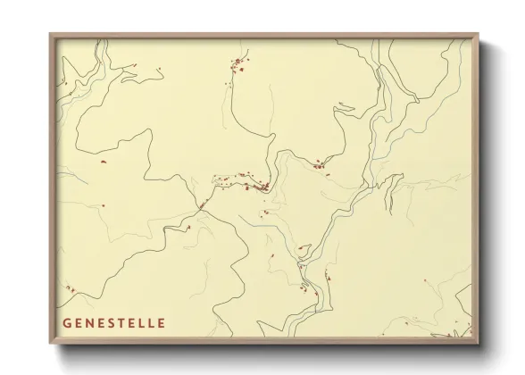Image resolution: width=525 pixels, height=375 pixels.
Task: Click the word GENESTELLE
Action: [113, 322]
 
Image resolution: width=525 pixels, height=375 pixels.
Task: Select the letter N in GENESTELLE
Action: [89, 322]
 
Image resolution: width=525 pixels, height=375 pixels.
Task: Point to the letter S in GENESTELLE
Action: [112, 322]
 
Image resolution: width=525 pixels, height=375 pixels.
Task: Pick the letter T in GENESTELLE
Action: [122, 322]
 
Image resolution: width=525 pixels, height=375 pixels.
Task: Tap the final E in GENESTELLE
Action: [161, 322]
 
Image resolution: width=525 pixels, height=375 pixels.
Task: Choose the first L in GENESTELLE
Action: [143, 322]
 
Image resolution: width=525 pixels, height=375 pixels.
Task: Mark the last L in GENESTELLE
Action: [152, 322]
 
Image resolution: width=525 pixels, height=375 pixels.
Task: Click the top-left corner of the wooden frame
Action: [50, 34]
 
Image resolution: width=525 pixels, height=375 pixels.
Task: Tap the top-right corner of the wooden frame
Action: [479, 34]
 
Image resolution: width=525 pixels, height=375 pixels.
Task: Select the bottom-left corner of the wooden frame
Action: [50, 346]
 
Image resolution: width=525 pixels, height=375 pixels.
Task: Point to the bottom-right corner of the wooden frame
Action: [479, 346]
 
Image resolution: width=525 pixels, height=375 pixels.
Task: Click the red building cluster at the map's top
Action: [237, 63]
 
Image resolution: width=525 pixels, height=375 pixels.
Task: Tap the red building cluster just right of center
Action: [319, 163]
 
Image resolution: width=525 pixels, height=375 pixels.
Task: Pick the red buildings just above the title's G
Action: [70, 288]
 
